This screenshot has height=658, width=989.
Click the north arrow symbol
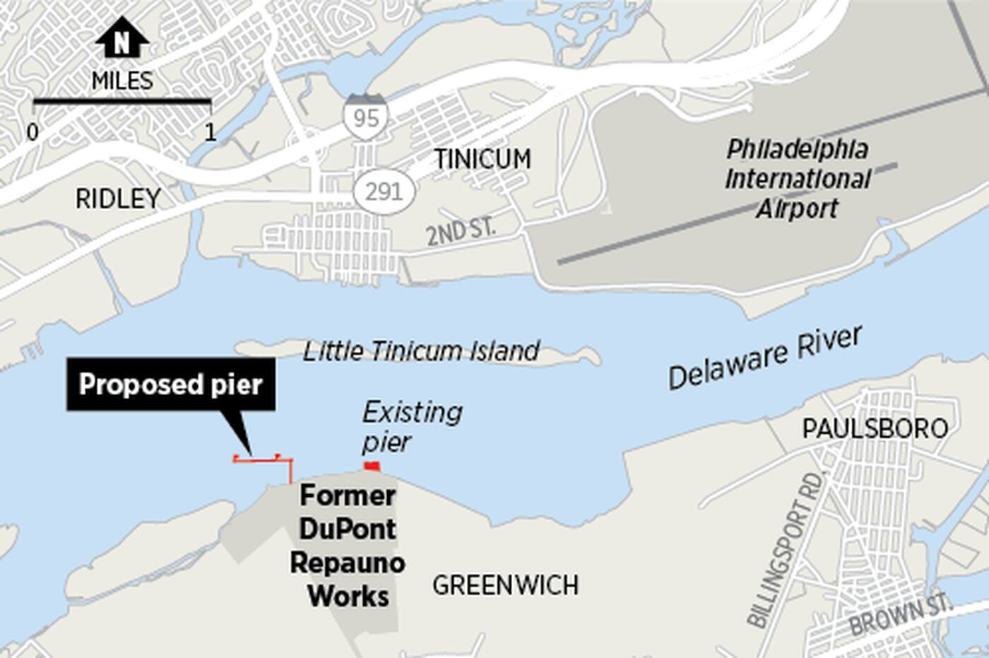122,38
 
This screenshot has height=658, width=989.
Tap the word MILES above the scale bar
122,81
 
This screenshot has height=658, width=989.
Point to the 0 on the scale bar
32,131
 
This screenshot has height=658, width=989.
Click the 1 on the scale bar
210,131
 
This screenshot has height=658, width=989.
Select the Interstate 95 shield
365,115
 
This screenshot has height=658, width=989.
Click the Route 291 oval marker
384,192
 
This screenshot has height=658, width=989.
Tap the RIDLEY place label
118,199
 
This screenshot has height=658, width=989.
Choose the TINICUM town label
482,159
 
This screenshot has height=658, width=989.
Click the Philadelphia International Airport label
798,179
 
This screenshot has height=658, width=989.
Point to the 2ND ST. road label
461,231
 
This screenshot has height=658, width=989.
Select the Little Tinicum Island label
422,351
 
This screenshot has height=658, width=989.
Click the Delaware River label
766,358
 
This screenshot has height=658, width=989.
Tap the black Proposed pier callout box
171,384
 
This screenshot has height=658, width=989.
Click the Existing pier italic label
411,427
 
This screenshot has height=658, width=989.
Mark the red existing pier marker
372,466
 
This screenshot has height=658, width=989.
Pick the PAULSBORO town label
875,428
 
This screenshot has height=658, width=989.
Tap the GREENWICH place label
506,585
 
